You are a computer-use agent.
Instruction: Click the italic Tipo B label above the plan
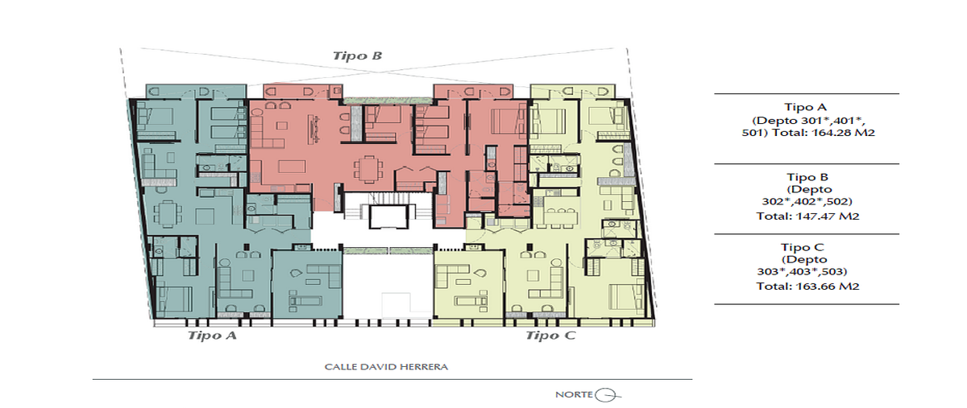pyautogui.click(x=357, y=56)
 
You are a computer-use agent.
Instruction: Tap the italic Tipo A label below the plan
pyautogui.click(x=212, y=336)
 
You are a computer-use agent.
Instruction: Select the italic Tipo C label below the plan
pyautogui.click(x=550, y=336)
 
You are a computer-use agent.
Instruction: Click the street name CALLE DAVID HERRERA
pyautogui.click(x=386, y=367)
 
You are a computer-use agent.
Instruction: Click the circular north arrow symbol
pyautogui.click(x=606, y=394)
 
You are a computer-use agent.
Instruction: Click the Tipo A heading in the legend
pyautogui.click(x=805, y=106)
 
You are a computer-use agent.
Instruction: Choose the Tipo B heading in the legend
pyautogui.click(x=805, y=176)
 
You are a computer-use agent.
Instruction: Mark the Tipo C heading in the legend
pyautogui.click(x=805, y=246)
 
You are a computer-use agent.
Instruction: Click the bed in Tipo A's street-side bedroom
pyautogui.click(x=174, y=298)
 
